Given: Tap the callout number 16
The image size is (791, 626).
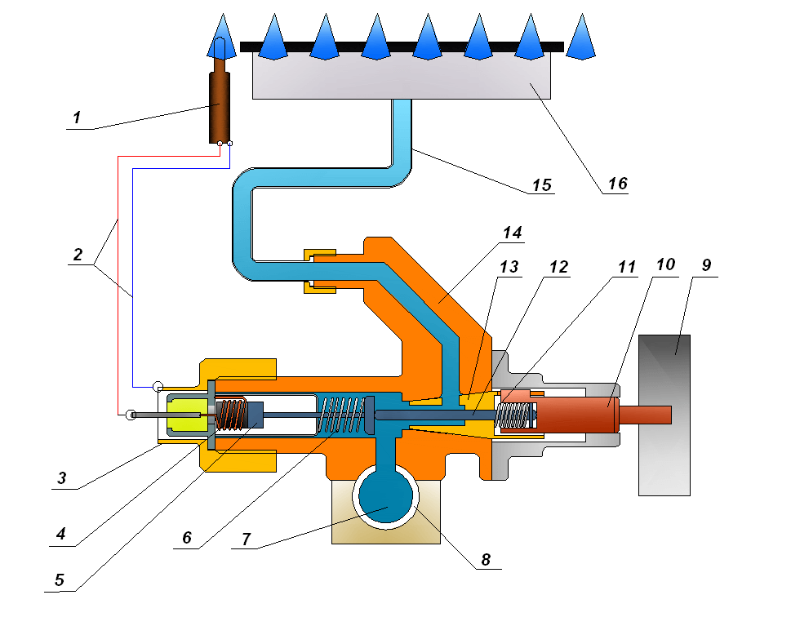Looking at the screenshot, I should coord(617,183).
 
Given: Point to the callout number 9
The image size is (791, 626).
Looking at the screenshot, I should coord(706,266).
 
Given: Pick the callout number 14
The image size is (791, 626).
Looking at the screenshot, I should coord(512,233).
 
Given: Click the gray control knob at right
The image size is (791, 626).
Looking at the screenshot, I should coord(664,415).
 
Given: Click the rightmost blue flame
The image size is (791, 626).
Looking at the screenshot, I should coord(581,37).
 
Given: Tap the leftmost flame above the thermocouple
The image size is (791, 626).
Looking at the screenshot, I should coord(220,37).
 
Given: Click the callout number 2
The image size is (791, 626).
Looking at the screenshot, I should coord(78,253).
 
